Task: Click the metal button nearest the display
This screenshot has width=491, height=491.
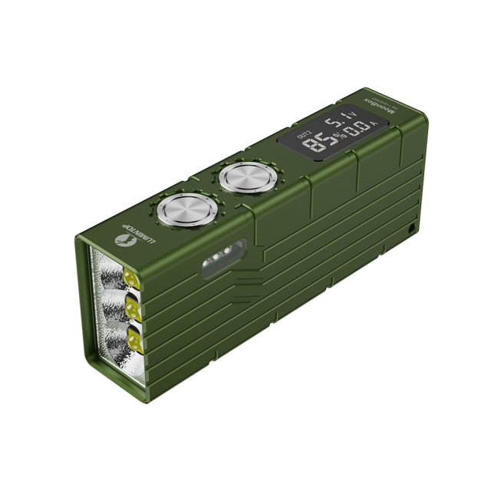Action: [x=243, y=179]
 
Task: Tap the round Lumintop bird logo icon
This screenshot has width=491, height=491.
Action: [x=121, y=241]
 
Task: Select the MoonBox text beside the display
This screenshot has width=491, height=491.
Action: [x=380, y=117]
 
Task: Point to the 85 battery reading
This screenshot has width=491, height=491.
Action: [x=316, y=143]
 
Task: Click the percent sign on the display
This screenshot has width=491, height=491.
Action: [x=335, y=135]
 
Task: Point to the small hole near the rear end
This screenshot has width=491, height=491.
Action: [x=412, y=229]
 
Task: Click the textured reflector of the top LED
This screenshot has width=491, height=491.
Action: [x=107, y=272]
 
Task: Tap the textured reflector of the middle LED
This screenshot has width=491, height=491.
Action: [x=112, y=307]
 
